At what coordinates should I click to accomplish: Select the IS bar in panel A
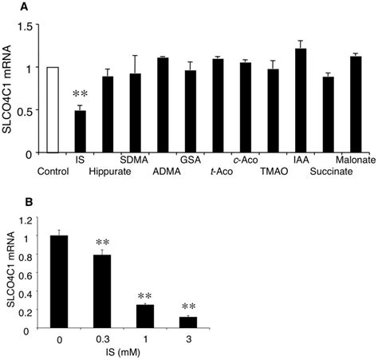pos(80,132)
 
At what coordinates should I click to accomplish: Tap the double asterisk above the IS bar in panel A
pos(80,95)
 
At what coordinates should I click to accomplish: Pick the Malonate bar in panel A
pos(356,105)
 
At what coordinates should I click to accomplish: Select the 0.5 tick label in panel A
pos(30,111)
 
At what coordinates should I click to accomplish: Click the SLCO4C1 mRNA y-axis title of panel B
pos(8,272)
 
